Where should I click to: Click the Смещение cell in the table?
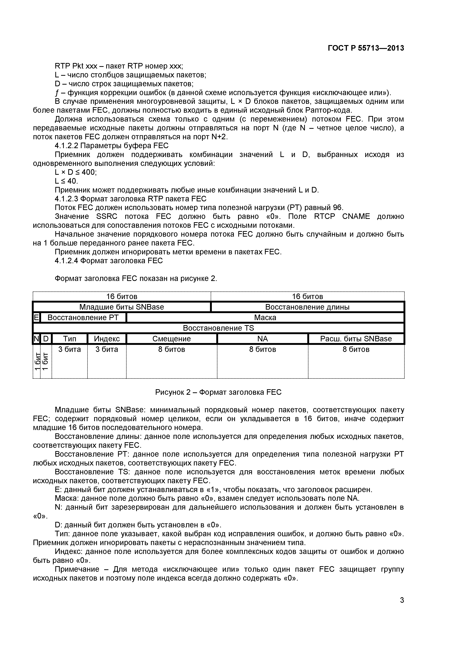pos(172,339)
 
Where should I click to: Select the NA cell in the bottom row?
pos(263,339)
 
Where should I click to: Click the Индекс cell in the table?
pos(107,339)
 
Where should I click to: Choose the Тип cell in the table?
pos(70,339)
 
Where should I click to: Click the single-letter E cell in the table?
pos(36,318)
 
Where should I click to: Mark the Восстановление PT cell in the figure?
pos(83,318)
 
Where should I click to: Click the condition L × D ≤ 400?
pos(75,172)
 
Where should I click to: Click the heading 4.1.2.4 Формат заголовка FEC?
pos(109,260)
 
